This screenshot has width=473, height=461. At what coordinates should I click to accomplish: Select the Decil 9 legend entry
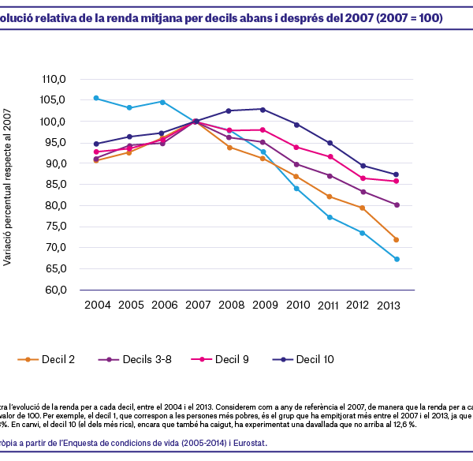pyautogui.click(x=224, y=359)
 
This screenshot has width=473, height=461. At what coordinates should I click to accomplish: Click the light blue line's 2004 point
pyautogui.click(x=96, y=98)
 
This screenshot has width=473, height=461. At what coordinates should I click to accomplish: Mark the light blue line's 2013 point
pyautogui.click(x=397, y=259)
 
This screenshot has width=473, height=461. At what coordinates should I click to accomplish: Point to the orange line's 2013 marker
pyautogui.click(x=397, y=240)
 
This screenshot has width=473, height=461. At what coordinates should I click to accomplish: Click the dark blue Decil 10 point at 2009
pyautogui.click(x=263, y=109)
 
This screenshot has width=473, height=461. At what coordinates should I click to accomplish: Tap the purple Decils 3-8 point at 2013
pyautogui.click(x=397, y=204)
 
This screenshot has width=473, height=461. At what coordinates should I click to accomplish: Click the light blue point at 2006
pyautogui.click(x=162, y=102)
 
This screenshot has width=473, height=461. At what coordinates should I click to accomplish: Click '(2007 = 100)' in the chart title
pyautogui.click(x=402, y=17)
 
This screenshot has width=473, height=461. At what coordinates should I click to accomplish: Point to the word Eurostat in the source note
pyautogui.click(x=247, y=443)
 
